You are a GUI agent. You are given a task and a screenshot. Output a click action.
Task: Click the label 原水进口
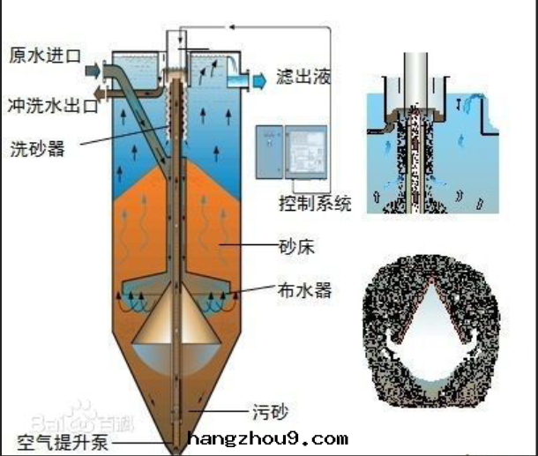pos(44,56)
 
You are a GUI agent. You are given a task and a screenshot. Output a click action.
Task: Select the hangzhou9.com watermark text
pos(268,438)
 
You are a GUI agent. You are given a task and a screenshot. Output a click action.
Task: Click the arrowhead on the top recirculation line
pos(232,26)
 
